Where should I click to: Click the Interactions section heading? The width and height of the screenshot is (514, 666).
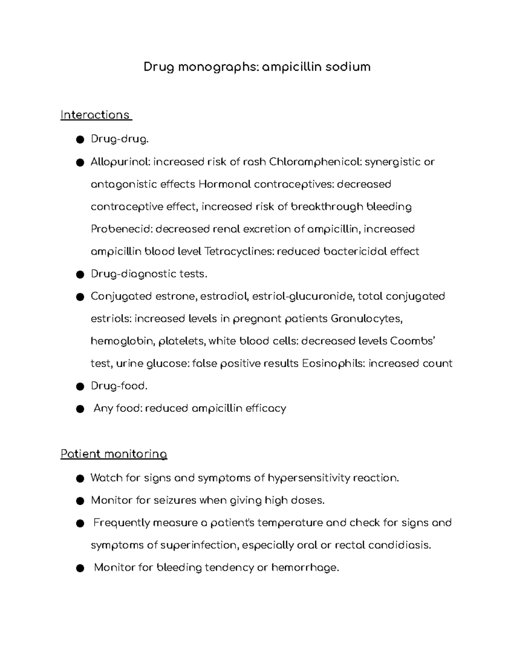pyautogui.click(x=95, y=115)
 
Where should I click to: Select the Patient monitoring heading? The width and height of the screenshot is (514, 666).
pyautogui.click(x=114, y=454)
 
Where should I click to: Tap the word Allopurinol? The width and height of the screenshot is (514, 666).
pyautogui.click(x=120, y=162)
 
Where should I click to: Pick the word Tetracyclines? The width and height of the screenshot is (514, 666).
pyautogui.click(x=239, y=251)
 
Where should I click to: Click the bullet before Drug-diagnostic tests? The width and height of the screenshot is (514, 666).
pyautogui.click(x=79, y=274)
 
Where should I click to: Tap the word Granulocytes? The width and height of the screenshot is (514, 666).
pyautogui.click(x=367, y=319)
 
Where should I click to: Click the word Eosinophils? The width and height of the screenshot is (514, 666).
pyautogui.click(x=333, y=364)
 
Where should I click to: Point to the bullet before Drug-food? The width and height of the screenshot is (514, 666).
pyautogui.click(x=79, y=386)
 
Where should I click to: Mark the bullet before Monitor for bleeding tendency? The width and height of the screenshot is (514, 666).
pyautogui.click(x=79, y=568)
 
